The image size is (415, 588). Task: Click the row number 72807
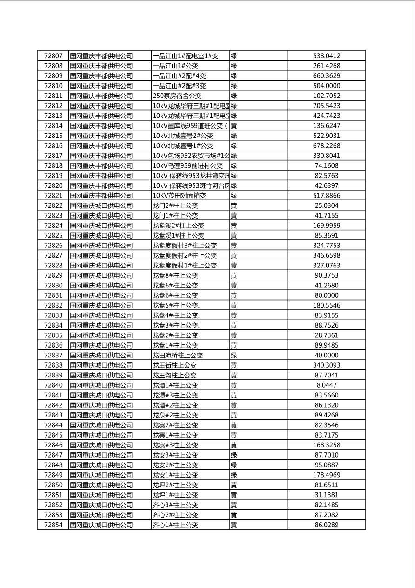[x=53, y=56]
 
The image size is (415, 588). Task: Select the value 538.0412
[x=326, y=56]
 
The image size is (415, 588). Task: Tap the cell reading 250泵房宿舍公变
[x=177, y=96]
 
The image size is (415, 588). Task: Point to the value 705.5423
[x=326, y=106]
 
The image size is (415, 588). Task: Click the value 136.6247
[x=326, y=126]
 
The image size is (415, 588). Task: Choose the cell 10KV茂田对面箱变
[x=179, y=196]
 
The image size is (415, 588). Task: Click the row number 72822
[x=53, y=205]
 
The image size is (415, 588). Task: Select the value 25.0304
[x=326, y=205]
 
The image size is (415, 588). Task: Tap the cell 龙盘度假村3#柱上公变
[x=184, y=246]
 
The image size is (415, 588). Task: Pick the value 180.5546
[x=326, y=305]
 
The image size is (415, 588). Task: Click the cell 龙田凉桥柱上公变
[x=177, y=355]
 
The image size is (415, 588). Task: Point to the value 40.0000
[x=326, y=355]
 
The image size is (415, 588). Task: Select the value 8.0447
[x=326, y=385]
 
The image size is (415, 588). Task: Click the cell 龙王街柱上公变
[x=174, y=365]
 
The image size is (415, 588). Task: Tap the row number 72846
[x=53, y=445]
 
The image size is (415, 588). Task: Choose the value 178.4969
[x=326, y=475]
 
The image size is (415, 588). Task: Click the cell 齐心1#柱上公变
[x=175, y=525]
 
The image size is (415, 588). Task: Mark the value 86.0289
[x=326, y=525]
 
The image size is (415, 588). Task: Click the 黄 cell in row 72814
[x=234, y=126]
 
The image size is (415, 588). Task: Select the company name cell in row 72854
[x=101, y=525]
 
